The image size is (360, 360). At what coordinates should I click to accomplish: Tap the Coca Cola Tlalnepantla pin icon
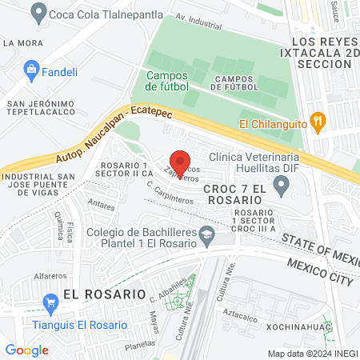coord(37,12)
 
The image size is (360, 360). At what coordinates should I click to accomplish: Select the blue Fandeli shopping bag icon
coord(32,69)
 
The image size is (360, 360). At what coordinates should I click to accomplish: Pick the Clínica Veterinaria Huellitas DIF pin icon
coord(281,187)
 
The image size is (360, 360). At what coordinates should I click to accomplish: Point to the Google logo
coord(26,350)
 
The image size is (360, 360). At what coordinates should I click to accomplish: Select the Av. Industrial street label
coord(198,20)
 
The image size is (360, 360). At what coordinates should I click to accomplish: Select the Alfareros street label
coord(27,272)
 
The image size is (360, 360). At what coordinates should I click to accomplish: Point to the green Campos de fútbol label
coord(167,80)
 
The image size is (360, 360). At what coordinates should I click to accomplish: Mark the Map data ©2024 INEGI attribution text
coord(311,353)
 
